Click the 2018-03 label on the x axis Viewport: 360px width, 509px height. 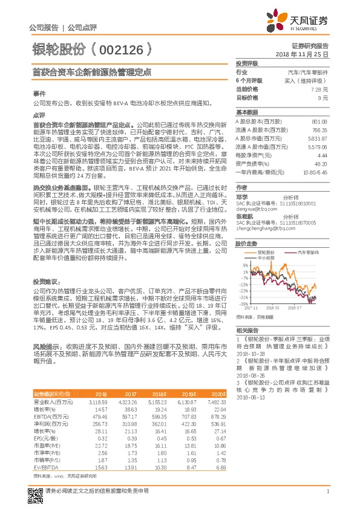point(272,308)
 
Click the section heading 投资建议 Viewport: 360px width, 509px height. point(47,282)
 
